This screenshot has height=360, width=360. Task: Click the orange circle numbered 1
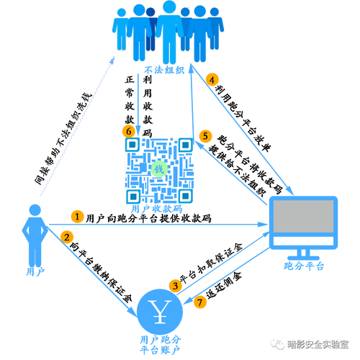click(77, 217)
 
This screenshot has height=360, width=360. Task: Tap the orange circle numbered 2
click(67, 238)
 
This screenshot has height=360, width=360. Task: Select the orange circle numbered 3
click(176, 286)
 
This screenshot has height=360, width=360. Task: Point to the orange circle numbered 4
click(212, 80)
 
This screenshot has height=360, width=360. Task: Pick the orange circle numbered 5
click(205, 136)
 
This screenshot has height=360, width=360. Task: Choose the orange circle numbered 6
click(129, 131)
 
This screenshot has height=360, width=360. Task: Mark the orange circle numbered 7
click(200, 302)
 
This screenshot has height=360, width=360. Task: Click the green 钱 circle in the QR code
click(159, 169)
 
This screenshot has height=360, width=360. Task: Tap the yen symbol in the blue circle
click(160, 312)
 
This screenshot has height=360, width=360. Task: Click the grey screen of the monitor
click(304, 217)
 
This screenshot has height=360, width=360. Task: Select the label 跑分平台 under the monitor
click(304, 266)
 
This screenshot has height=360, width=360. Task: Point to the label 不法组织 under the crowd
click(164, 70)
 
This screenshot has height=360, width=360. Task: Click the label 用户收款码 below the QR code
click(157, 209)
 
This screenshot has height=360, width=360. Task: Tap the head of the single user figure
click(35, 210)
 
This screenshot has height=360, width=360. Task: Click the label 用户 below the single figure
click(35, 272)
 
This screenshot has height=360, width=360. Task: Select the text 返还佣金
click(224, 285)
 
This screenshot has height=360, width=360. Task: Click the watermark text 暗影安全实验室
click(318, 344)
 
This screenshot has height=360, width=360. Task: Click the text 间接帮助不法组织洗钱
click(63, 139)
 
